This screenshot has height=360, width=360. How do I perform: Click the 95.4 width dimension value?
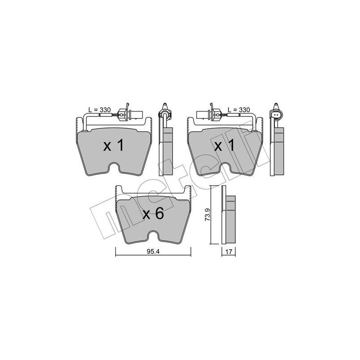pyautogui.click(x=153, y=252)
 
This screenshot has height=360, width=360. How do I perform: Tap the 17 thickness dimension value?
pyautogui.click(x=229, y=252)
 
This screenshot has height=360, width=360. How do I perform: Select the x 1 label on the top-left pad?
pyautogui.click(x=114, y=145)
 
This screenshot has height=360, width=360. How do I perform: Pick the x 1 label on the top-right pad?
pyautogui.click(x=225, y=145)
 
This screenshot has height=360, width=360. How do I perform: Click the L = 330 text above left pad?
pyautogui.click(x=99, y=110)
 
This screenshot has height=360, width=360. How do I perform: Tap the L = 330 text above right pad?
pyautogui.click(x=239, y=110)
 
